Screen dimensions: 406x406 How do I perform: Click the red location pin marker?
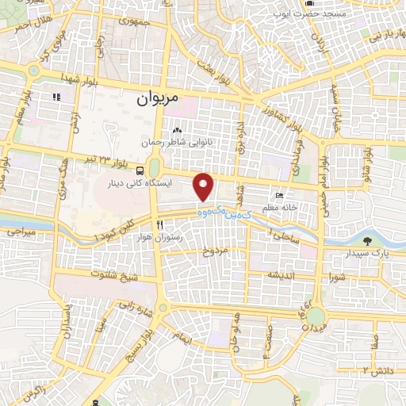coord(205,187)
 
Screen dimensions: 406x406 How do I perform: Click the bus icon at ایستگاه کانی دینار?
coord(140,170)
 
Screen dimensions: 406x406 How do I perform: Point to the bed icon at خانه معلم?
coord(278,195)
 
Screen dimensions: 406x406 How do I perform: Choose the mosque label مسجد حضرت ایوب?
coord(335,14)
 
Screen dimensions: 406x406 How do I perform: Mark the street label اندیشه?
coord(282,274)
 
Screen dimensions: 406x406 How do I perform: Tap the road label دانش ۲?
coord(374,370)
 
